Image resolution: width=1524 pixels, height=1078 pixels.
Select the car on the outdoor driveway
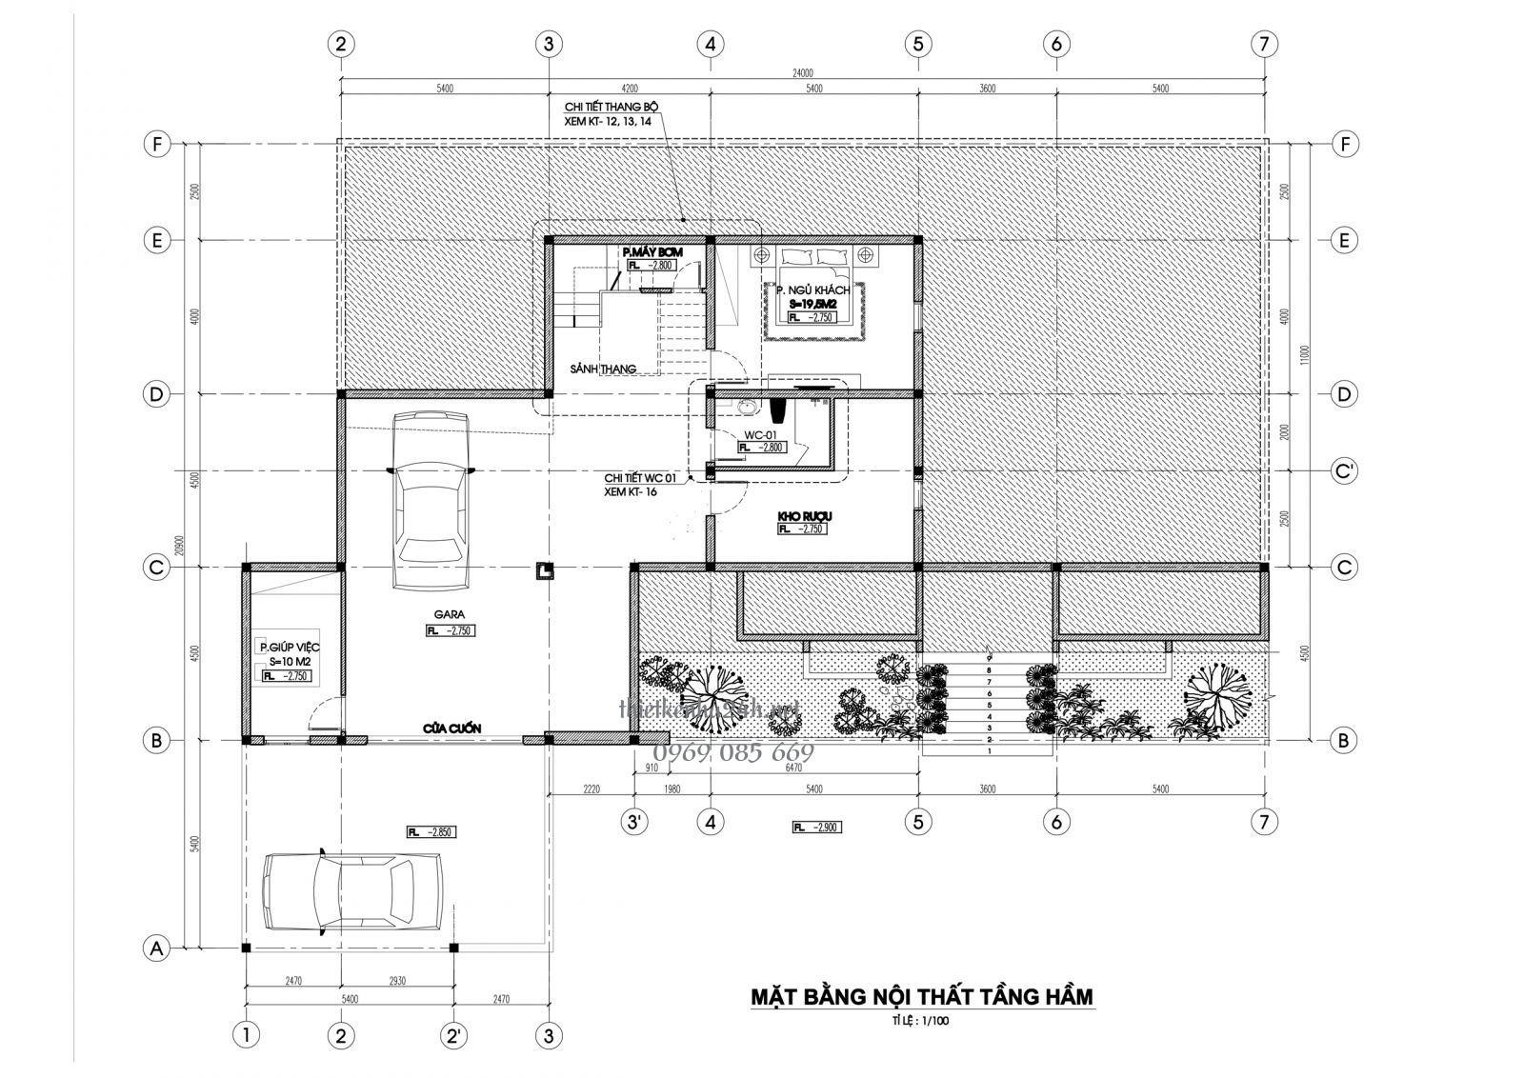[351, 889]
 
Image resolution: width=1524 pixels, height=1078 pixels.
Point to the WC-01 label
[762, 434]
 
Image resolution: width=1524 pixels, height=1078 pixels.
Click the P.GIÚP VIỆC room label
[289, 648]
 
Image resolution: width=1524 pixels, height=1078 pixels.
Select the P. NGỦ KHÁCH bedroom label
[812, 289]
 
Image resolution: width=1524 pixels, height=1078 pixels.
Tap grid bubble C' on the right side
[1343, 471]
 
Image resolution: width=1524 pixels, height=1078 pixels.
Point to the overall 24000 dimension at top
[801, 72]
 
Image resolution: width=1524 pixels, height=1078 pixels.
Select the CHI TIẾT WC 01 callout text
[640, 478]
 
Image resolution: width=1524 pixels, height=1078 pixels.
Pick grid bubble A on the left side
[155, 948]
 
